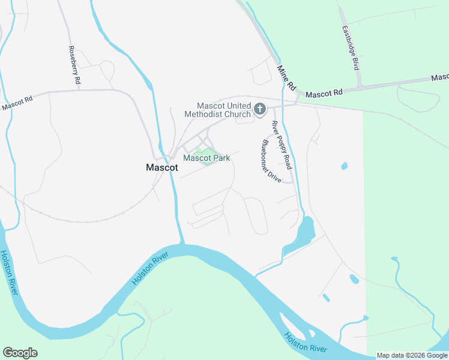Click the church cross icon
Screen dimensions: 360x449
click(260, 109)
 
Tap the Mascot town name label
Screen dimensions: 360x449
click(162, 168)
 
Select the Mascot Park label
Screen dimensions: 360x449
click(206, 158)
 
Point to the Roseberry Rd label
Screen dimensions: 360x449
click(74, 65)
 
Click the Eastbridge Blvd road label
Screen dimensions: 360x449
click(350, 48)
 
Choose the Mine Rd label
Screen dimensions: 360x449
click(287, 77)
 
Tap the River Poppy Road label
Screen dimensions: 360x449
click(281, 145)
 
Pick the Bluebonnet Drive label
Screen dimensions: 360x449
click(271, 161)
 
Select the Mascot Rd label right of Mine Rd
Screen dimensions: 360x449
click(324, 94)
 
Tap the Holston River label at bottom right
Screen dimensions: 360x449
click(306, 343)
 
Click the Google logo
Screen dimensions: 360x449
click(20, 353)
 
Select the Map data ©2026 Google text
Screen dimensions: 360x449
click(412, 355)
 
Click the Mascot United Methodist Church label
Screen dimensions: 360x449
click(224, 109)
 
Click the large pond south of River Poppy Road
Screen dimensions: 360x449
click(305, 230)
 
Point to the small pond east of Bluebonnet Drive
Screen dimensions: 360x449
click(343, 166)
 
